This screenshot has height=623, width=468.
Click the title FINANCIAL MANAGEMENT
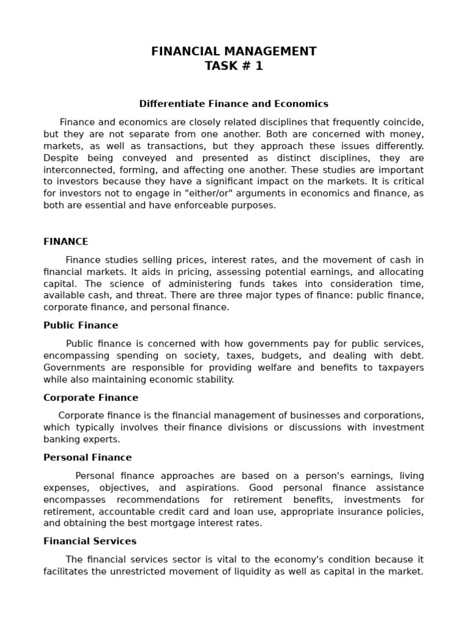pos(234,52)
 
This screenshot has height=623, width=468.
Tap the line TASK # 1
pos(234,66)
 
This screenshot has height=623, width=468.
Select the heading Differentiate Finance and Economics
pos(234,104)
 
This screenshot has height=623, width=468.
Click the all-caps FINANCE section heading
pos(66,242)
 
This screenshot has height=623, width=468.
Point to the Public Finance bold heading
pos(80,325)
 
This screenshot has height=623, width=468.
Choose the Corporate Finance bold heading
pos(91,398)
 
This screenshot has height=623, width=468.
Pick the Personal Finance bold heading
pos(87,458)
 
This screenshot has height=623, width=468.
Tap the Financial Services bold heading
pos(90,541)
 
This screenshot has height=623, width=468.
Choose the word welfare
pos(275,367)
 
